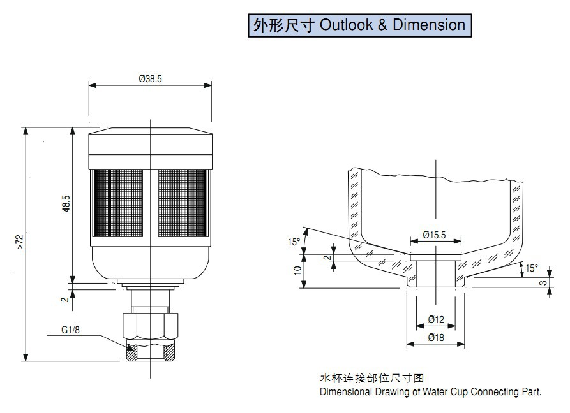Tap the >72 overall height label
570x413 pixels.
tap(19, 241)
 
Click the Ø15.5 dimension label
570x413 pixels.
tap(435, 235)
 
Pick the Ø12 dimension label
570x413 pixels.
tap(437, 319)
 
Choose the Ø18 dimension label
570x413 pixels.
tap(437, 337)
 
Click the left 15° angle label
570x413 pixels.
tap(294, 242)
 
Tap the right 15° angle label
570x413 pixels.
tap(532, 268)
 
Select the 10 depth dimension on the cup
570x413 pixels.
tap(297, 270)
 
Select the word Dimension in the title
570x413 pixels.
tap(429, 25)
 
